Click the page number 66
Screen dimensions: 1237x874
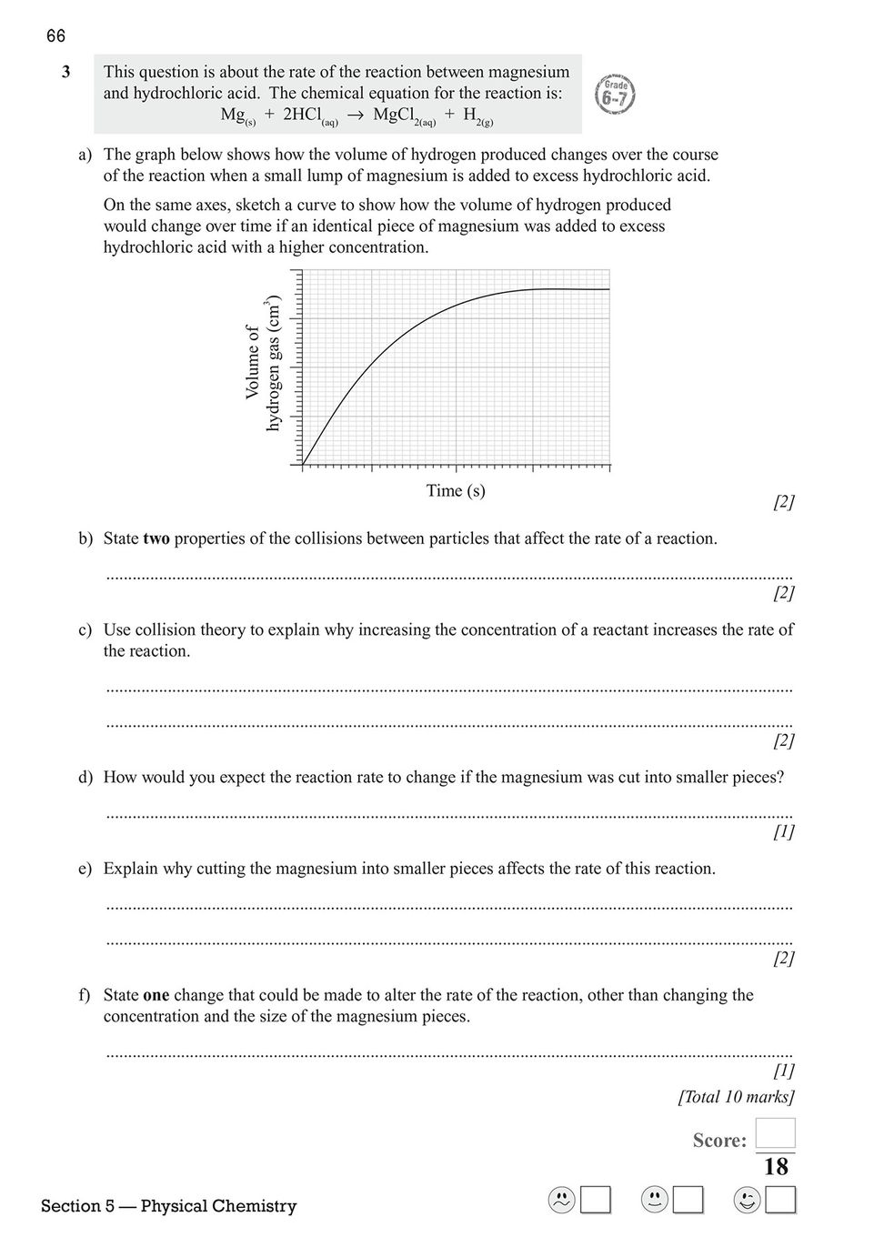tap(55, 36)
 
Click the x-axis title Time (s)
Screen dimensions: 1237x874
tap(456, 491)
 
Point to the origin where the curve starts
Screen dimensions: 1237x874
tap(303, 465)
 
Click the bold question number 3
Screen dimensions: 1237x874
tap(66, 72)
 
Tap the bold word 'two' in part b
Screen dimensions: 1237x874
tap(156, 538)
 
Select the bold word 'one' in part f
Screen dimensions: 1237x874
tap(156, 995)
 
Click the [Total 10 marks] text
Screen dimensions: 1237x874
tap(736, 1097)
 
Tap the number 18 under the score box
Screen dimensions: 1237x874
tap(776, 1167)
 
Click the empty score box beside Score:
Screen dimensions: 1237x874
tap(776, 1133)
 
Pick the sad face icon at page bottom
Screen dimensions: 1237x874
tap(562, 1201)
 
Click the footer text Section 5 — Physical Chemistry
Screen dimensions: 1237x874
tap(169, 1206)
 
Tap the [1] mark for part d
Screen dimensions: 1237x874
tap(783, 831)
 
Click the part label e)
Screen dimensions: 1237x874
tap(85, 869)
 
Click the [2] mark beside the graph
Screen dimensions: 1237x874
tap(783, 502)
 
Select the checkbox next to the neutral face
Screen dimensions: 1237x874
tap(688, 1201)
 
